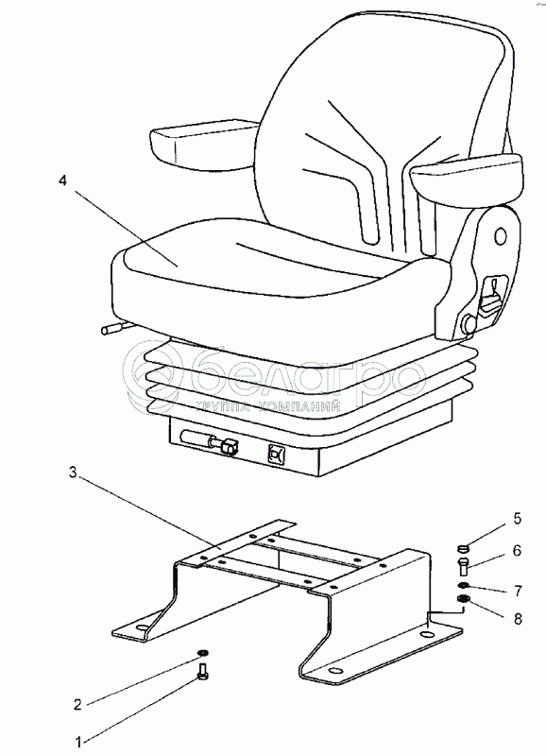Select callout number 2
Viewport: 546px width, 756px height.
tap(77, 704)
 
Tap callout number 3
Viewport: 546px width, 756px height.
tap(73, 472)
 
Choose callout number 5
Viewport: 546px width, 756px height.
tap(517, 519)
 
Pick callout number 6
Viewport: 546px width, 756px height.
tap(517, 550)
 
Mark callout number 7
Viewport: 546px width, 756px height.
tap(518, 591)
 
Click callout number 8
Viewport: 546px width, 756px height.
tap(518, 619)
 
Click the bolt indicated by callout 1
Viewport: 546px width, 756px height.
tap(203, 672)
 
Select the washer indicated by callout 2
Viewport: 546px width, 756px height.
tap(203, 653)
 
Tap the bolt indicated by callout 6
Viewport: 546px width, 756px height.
tap(463, 564)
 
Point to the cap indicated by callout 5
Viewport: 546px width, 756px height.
tap(463, 548)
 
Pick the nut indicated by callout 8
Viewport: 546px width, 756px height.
tap(463, 599)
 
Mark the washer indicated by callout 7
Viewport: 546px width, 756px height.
tap(463, 585)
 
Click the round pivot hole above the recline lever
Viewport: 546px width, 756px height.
tap(502, 235)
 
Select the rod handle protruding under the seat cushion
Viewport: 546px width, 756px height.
tap(112, 329)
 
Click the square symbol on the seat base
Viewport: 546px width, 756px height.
tap(277, 454)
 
